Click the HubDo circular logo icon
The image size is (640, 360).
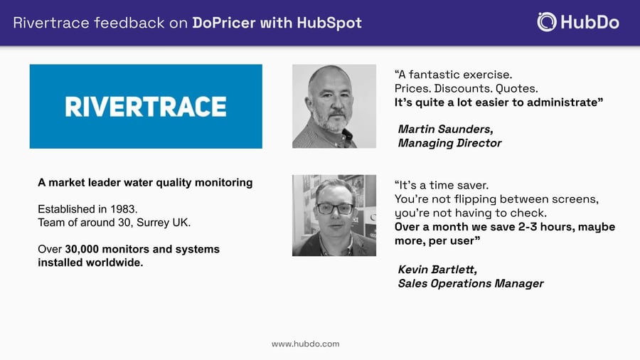(547, 21)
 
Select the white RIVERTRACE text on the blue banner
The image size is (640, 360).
(146, 107)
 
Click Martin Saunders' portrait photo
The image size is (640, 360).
(334, 106)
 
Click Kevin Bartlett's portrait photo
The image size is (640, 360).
(334, 215)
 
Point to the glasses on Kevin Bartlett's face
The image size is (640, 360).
(334, 208)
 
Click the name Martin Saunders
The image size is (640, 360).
(445, 129)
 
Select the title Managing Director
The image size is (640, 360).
(449, 143)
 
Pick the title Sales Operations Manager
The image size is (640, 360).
(471, 283)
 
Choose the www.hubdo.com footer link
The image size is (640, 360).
(305, 344)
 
